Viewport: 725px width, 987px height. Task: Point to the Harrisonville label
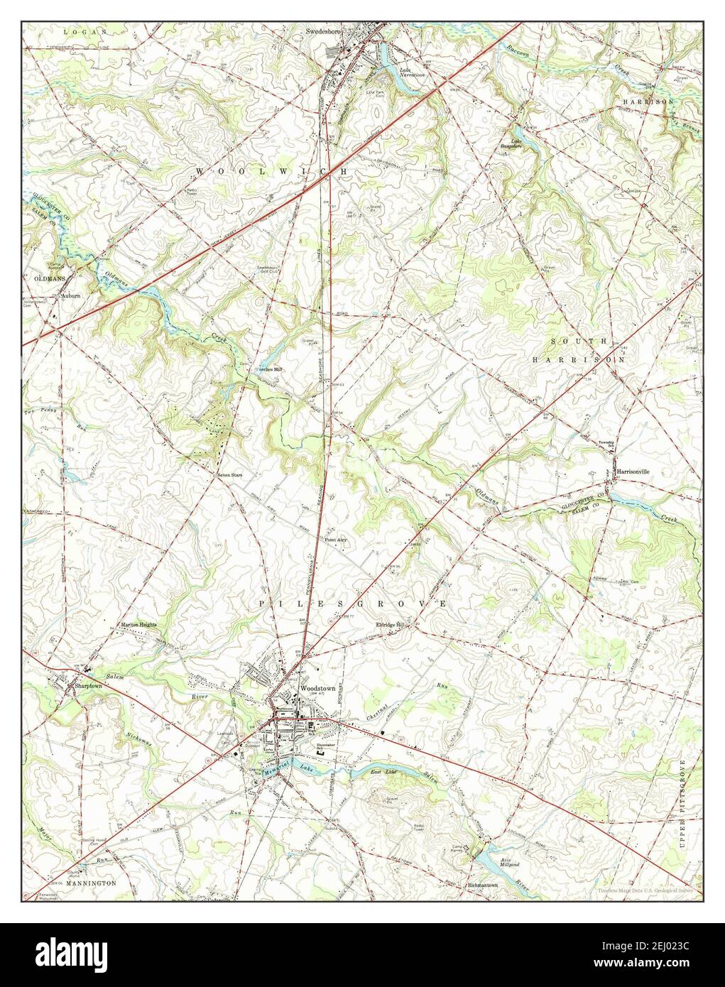click(633, 471)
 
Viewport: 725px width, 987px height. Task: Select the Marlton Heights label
click(138, 625)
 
